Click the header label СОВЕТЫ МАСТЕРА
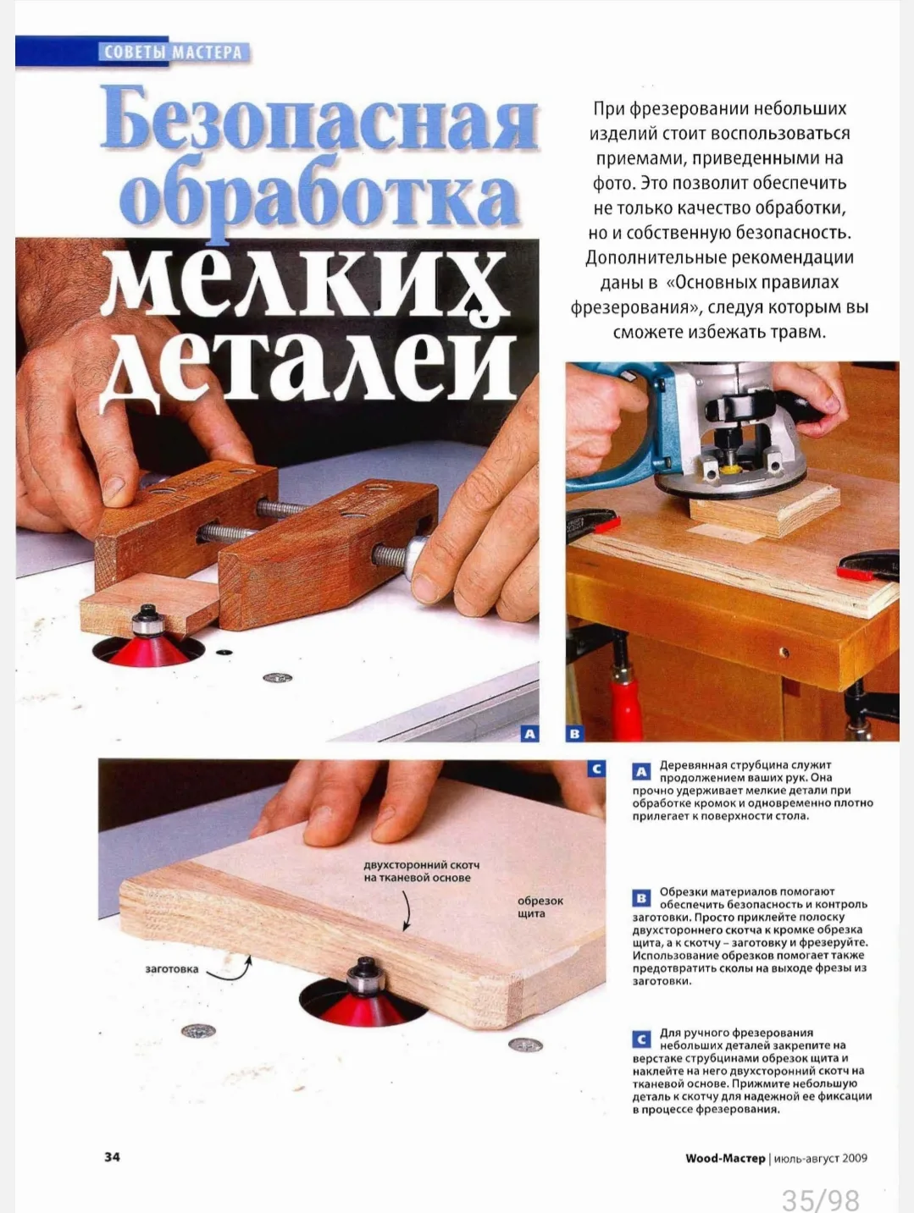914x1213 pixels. coord(173,52)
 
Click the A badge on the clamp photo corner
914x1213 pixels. coord(529,734)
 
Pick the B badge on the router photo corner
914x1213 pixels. coord(574,734)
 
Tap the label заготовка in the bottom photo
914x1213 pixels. coord(172,969)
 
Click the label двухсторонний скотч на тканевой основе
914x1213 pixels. coord(421,872)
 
